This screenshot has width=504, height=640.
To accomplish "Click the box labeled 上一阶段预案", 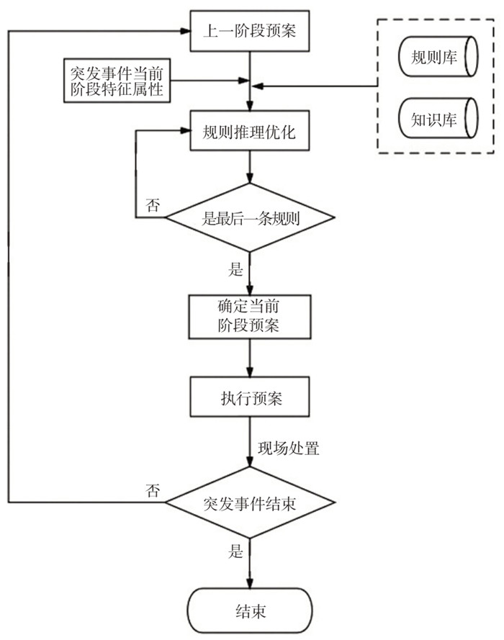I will click(x=250, y=31).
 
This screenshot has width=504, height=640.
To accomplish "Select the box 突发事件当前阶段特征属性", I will click(x=117, y=81).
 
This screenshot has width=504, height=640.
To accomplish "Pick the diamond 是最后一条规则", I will click(x=249, y=217).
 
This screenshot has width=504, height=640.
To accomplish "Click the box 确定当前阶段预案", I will click(x=249, y=316).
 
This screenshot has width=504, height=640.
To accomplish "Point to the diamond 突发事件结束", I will click(x=249, y=502).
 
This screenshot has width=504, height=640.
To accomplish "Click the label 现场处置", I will click(x=289, y=449).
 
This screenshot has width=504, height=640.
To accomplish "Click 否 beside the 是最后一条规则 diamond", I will click(x=153, y=205).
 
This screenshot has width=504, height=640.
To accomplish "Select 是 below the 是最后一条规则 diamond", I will click(x=235, y=270).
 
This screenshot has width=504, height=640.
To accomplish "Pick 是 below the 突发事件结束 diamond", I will click(x=235, y=553).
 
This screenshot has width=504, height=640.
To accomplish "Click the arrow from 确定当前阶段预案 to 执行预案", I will click(x=250, y=358).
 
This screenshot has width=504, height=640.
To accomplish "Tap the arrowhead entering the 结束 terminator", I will click(x=250, y=584).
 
